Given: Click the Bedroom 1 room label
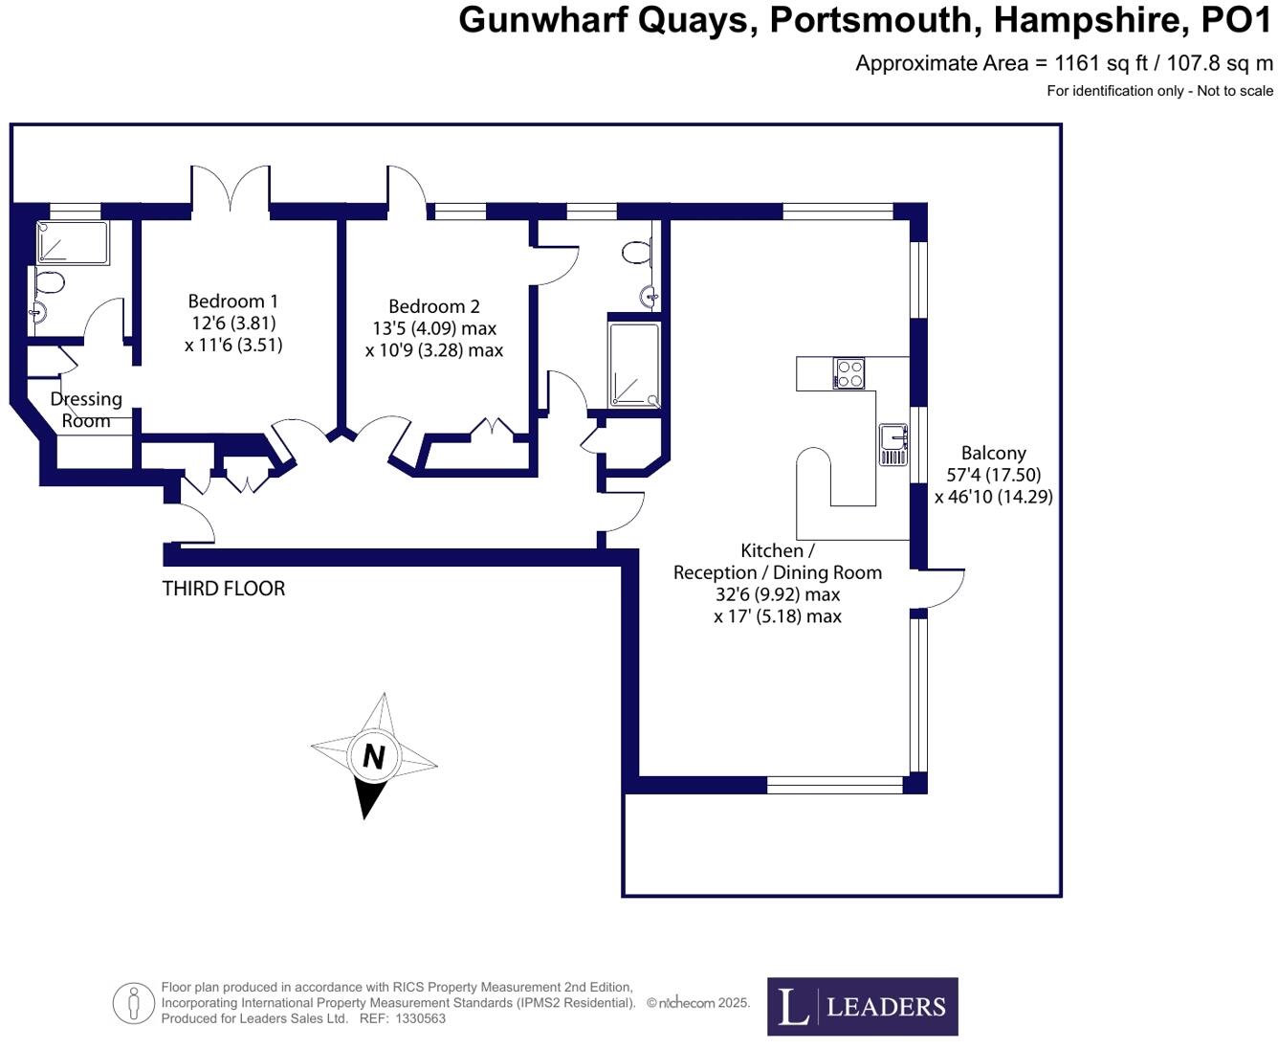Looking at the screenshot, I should tap(233, 301).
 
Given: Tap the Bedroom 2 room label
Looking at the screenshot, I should tap(434, 306).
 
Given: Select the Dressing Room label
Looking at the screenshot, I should tap(86, 409).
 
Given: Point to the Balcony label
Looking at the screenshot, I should tap(994, 453).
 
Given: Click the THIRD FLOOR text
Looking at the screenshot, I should tap(224, 589).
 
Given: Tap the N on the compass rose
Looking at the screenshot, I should tap(374, 756).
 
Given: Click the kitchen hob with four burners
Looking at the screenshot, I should tap(848, 373).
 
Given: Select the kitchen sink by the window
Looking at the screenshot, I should tap(893, 443).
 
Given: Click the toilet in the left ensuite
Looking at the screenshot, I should tap(48, 281).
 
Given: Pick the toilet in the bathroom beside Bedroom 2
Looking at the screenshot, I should tap(635, 252).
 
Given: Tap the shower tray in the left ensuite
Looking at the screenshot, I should tap(73, 242).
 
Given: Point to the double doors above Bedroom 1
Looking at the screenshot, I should tap(231, 188).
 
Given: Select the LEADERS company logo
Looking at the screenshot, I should tap(862, 1006).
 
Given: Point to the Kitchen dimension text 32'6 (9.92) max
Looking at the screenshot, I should tap(778, 594).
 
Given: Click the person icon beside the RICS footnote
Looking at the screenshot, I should tap(134, 1003).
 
